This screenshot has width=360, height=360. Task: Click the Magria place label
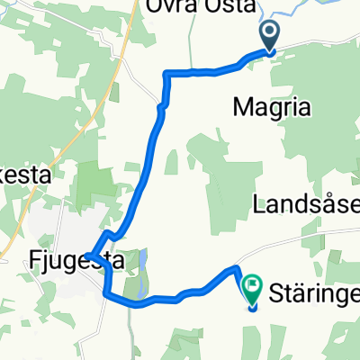tap(271, 107)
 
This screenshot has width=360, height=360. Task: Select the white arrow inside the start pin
tap(270, 34)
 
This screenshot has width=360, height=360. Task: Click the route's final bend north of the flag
tap(237, 268)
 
